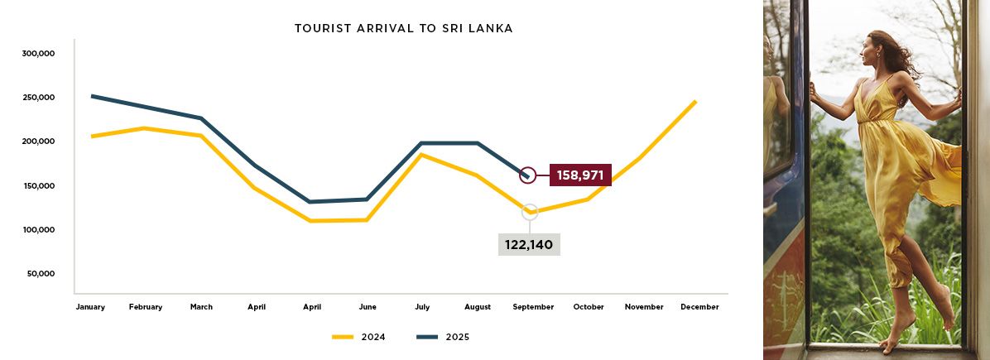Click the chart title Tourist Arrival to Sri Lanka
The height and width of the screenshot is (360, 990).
click(404, 28)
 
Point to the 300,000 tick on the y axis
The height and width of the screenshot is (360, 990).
click(39, 54)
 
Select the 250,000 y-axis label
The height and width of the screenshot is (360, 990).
click(39, 98)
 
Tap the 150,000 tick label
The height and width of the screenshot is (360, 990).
click(39, 186)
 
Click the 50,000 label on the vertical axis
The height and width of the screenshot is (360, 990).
click(41, 274)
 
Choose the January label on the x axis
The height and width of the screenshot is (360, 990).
click(90, 307)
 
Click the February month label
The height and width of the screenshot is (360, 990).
click(146, 307)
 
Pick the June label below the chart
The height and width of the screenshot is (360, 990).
click(368, 307)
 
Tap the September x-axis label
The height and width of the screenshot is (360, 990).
click(533, 307)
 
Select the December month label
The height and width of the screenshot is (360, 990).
click(699, 307)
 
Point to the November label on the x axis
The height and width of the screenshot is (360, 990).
click(644, 307)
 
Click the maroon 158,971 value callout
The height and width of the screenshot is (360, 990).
click(579, 175)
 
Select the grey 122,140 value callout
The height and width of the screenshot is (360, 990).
click(529, 245)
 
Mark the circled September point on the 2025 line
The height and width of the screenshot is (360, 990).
click(527, 175)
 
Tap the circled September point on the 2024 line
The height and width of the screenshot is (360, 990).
click(530, 212)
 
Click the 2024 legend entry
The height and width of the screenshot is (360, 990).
click(358, 337)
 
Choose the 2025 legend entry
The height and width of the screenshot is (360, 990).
click(442, 337)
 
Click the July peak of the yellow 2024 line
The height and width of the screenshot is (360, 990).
click(422, 155)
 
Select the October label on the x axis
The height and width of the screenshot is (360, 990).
click(589, 307)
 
